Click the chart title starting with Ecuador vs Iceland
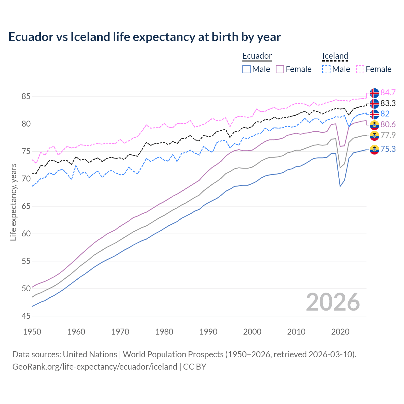pos(145,37)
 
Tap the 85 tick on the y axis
pos(26,96)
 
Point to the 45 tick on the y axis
pos(26,316)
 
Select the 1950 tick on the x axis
pos(32,332)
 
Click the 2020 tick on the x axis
pos(340,332)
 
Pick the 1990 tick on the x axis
pos(208,332)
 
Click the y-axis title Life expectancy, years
pos(14,202)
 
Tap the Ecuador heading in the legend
pos(257,56)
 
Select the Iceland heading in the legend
pos(335,56)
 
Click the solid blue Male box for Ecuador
pos(247,69)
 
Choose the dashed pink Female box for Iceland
pos(360,69)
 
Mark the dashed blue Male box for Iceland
pos(326,69)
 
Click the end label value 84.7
pos(388,93)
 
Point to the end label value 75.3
pos(388,149)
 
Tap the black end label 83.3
pos(388,104)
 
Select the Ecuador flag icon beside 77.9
pos(374,136)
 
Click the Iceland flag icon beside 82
pos(374,114)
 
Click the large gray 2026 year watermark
pos(333,302)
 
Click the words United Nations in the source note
pos(90,354)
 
